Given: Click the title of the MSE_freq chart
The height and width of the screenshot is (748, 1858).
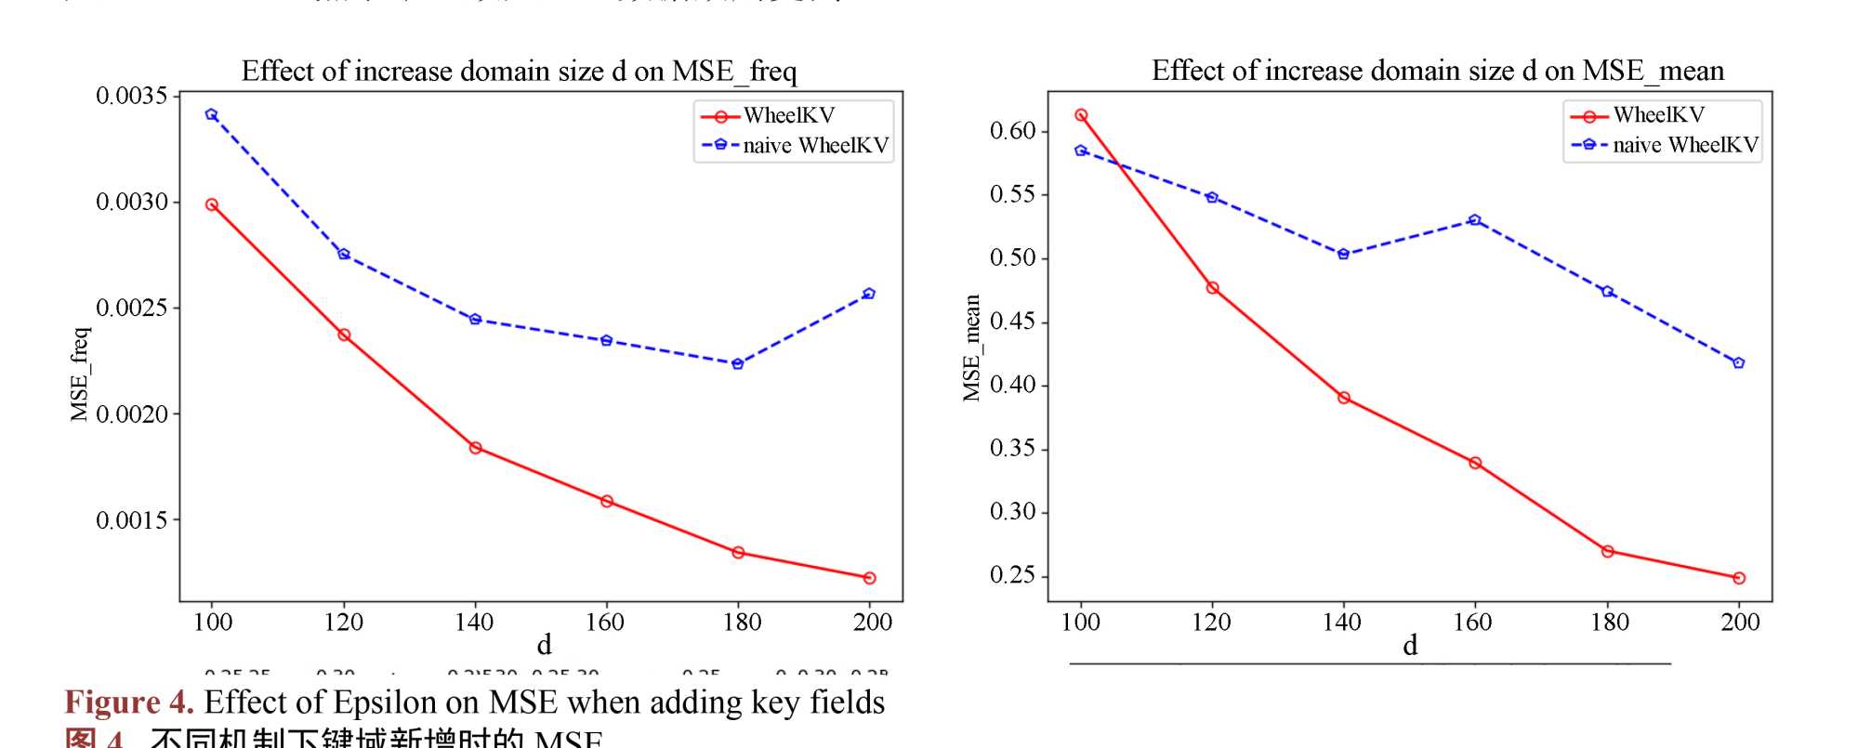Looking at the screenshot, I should [519, 72].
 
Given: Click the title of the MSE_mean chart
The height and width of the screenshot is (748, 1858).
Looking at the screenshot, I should [1437, 71].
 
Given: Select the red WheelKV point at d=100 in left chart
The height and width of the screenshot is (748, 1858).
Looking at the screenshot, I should [212, 204].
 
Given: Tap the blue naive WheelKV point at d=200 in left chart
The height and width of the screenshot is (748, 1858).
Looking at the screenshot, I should [869, 294].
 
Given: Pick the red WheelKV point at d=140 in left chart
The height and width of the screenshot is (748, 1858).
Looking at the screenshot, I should [475, 448].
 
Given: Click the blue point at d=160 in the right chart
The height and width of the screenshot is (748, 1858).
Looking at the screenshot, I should [1475, 220].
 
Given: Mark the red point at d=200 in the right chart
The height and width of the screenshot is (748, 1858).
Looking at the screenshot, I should [1739, 578].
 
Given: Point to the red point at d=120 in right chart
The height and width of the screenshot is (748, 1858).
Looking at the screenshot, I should [1212, 288].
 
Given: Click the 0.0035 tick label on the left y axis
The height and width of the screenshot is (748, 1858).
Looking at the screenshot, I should [131, 96].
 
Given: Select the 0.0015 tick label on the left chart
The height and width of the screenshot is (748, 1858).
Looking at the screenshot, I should [131, 520].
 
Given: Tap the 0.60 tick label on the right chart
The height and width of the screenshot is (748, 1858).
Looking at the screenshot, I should [1012, 131].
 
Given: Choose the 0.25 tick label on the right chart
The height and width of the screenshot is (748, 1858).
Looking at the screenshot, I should [1012, 575].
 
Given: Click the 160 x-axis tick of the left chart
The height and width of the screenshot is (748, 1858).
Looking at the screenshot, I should [605, 623].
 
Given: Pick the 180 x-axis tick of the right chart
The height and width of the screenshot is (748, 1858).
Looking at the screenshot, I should [1609, 623].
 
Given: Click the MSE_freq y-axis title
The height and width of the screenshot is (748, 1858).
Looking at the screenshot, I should [80, 374].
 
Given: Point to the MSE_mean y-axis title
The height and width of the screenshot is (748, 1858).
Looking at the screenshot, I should [972, 348].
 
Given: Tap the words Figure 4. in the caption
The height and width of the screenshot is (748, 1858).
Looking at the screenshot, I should [129, 702].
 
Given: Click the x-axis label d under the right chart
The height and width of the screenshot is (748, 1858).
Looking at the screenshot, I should [1410, 646].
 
